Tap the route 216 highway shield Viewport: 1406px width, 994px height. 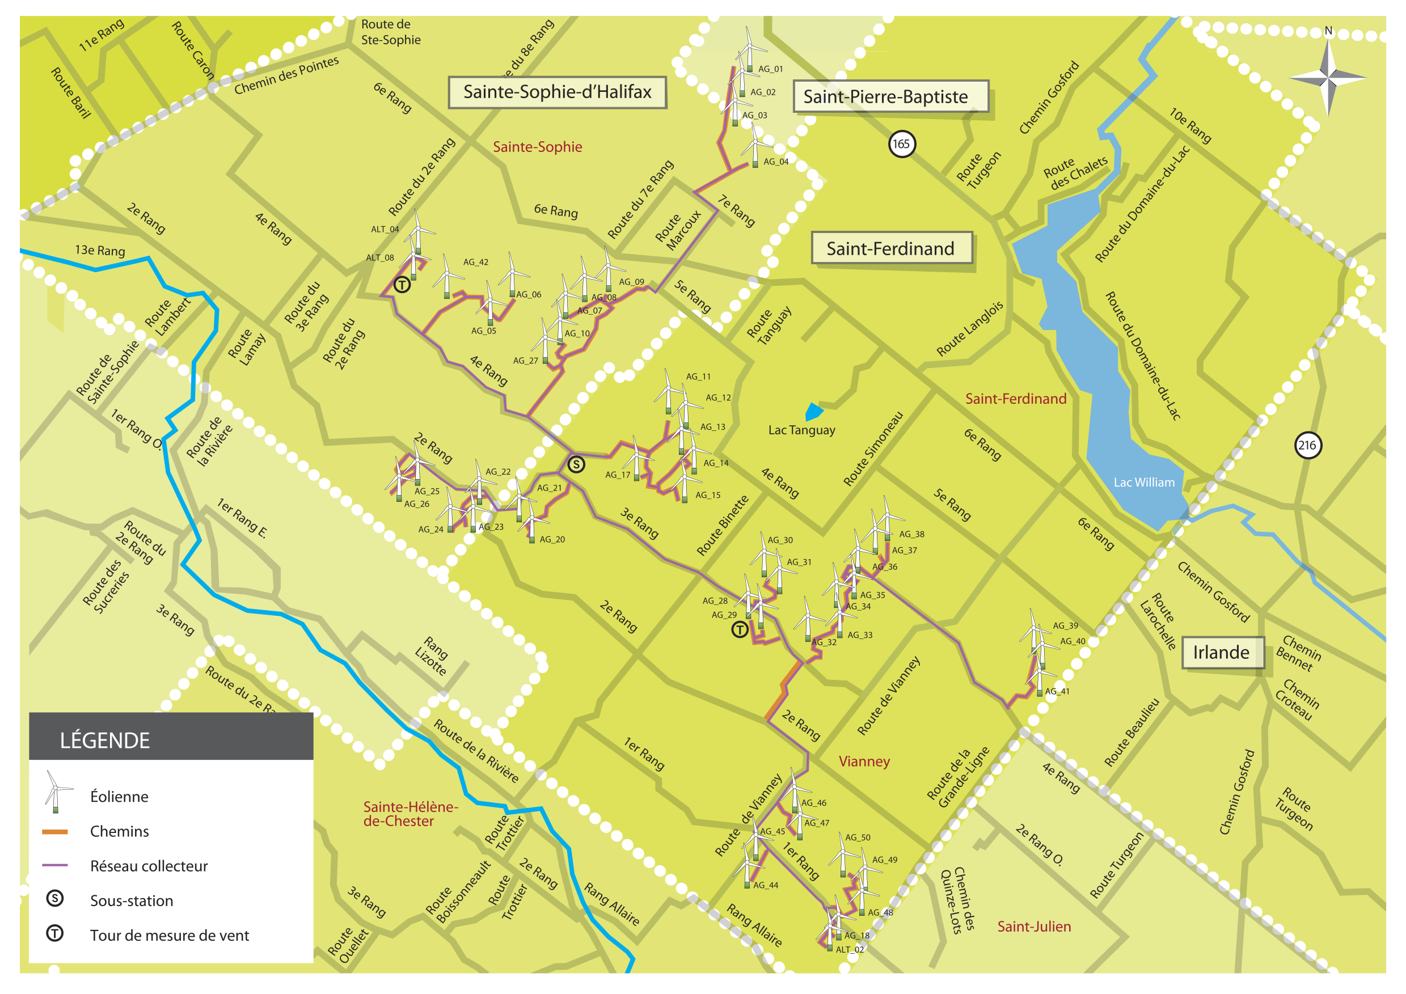[1307, 445]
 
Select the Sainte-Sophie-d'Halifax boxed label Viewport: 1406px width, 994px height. [558, 92]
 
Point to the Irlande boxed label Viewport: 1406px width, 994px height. [1221, 653]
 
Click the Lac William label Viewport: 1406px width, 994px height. [1144, 483]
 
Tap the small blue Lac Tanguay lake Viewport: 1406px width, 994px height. [813, 411]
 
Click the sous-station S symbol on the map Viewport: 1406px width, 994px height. [576, 464]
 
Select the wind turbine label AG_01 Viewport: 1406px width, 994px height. [770, 69]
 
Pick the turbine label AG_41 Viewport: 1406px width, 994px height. [1057, 692]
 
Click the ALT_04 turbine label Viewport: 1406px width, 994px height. [385, 230]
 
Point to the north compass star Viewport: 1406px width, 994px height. [1328, 78]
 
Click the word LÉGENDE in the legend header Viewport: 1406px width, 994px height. [105, 741]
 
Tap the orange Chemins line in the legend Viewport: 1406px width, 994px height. [54, 832]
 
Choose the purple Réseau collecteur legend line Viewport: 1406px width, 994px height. [54, 865]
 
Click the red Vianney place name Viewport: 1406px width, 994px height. [864, 762]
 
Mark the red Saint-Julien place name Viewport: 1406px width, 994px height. [1035, 927]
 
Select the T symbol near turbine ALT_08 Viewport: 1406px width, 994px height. [402, 285]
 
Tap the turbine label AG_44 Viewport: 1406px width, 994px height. [766, 885]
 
